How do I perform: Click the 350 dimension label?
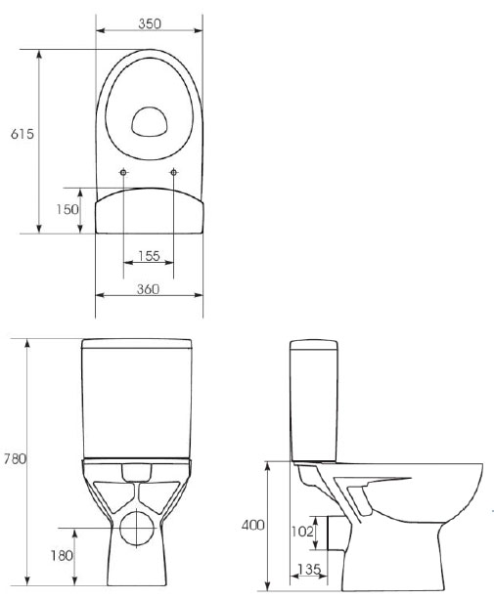(150, 23)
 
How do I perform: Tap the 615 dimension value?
(22, 134)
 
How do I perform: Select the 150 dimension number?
(67, 209)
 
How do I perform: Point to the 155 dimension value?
(149, 256)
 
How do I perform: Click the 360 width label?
(148, 289)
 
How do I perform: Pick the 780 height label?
(16, 458)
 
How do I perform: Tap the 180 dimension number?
(62, 555)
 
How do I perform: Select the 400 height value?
(252, 526)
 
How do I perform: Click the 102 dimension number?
(302, 531)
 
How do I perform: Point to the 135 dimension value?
(309, 570)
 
